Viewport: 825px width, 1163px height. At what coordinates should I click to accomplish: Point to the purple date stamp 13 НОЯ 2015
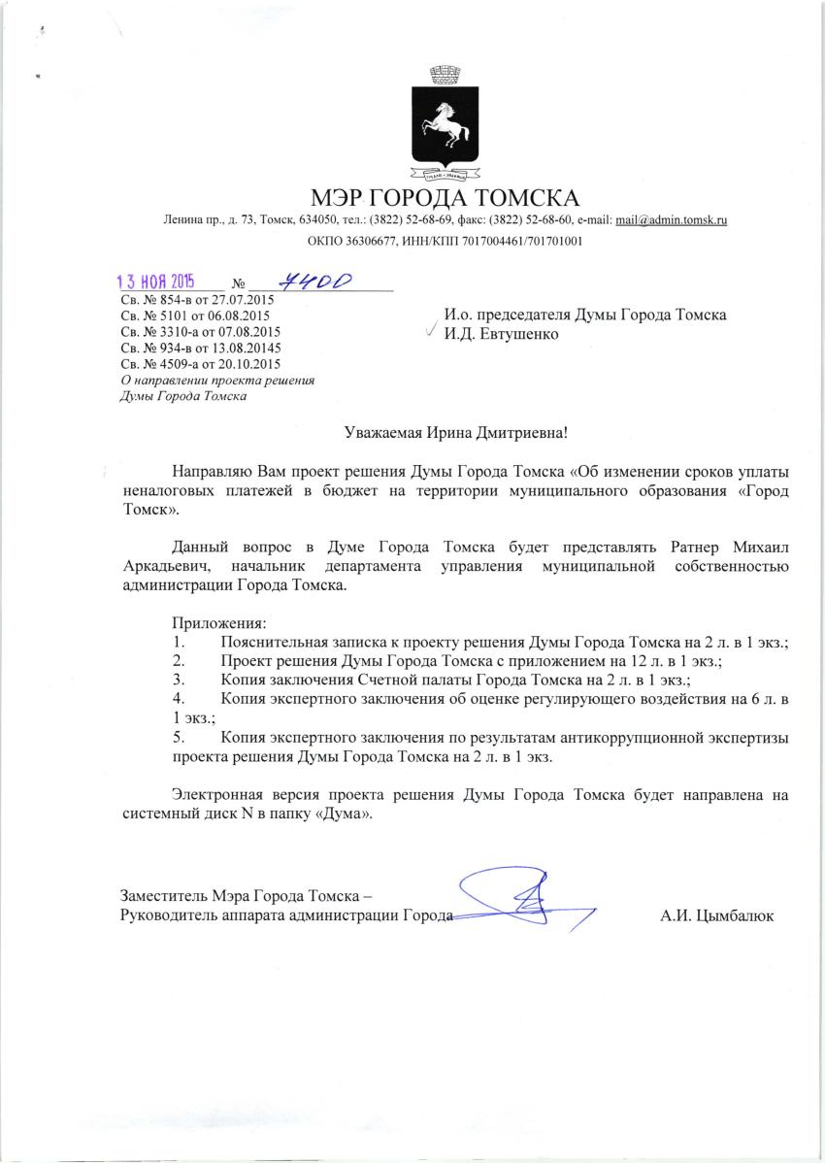[155, 282]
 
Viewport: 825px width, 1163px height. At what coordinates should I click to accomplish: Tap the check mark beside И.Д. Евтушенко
[430, 331]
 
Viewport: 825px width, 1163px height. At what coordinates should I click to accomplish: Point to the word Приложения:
[219, 622]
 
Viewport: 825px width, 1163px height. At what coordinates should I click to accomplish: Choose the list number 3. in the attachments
[178, 679]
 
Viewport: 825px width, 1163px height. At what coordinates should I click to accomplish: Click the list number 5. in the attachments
[178, 738]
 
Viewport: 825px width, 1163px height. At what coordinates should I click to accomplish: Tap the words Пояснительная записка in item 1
[301, 643]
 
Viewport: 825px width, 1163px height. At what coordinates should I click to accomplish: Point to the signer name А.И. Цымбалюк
[717, 915]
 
